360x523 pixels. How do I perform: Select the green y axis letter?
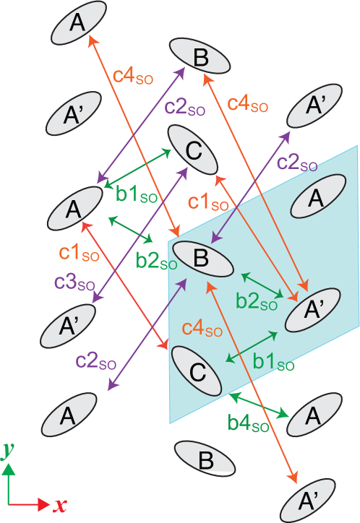click(x=8, y=451)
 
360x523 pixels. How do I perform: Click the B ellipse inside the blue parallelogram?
click(x=202, y=258)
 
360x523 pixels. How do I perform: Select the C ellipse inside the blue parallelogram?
click(x=197, y=370)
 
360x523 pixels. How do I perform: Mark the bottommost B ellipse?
click(x=205, y=459)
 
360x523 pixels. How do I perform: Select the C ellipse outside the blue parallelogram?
click(x=193, y=150)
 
